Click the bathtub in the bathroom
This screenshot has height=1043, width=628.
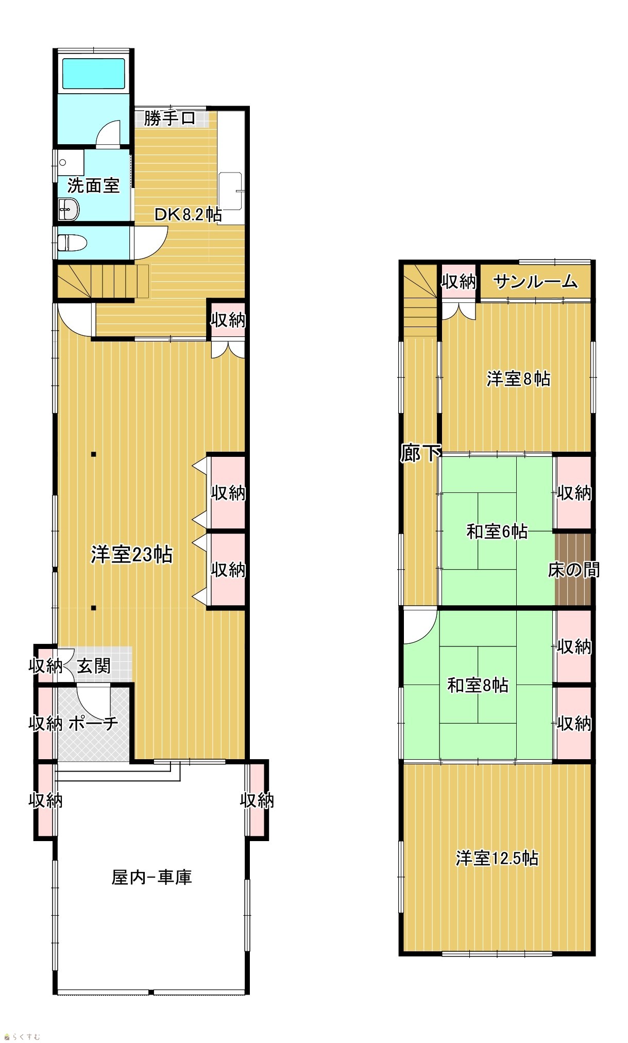click(x=93, y=73)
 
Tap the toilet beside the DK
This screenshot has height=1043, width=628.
click(x=72, y=242)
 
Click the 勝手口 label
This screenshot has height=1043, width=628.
click(x=169, y=118)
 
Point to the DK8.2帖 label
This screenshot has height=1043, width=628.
click(x=189, y=214)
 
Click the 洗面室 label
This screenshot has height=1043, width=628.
click(x=93, y=185)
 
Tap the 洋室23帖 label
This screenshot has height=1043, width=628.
click(x=132, y=555)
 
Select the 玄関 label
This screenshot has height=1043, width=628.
click(x=94, y=666)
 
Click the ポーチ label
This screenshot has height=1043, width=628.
click(x=93, y=724)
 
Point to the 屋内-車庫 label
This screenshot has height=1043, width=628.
click(x=152, y=877)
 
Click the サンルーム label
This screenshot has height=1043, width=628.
click(x=535, y=282)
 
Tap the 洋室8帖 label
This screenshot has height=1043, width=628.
click(x=519, y=379)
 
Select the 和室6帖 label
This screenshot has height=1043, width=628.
click(x=497, y=531)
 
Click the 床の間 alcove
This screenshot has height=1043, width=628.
click(x=573, y=569)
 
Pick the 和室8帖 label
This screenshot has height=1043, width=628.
click(x=478, y=686)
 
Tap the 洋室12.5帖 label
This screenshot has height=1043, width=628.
click(x=497, y=859)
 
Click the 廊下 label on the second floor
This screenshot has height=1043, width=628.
click(x=420, y=453)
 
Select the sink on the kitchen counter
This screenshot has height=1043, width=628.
click(x=230, y=191)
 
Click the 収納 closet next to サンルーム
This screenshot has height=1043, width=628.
click(x=459, y=282)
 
